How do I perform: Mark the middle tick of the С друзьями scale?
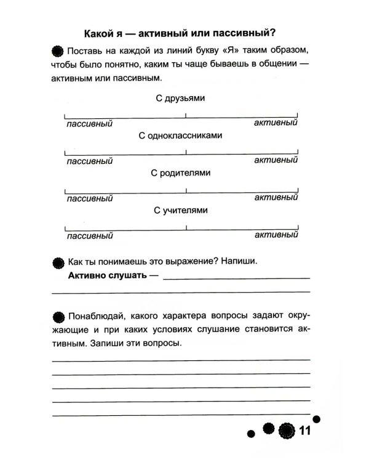186,115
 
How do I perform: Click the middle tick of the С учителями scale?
186,227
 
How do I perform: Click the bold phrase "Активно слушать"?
107,276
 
